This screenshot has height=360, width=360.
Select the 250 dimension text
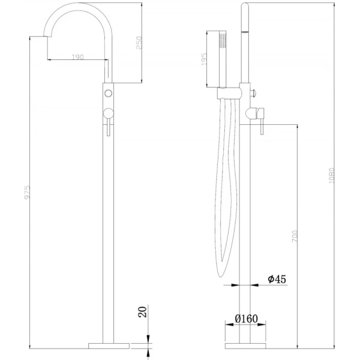139,43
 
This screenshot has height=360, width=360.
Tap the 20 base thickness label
142,313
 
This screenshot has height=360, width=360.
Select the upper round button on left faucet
108,92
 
